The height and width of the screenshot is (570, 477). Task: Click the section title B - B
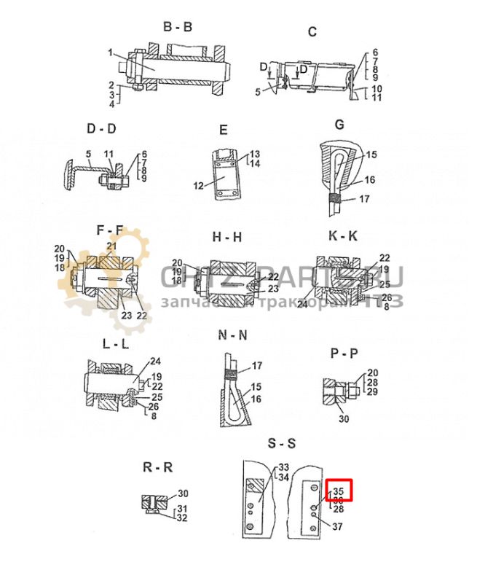tap(177, 28)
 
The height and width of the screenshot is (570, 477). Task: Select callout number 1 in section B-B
tap(110, 52)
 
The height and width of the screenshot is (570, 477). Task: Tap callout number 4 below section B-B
tap(111, 104)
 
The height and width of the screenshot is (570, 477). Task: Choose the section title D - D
tap(100, 129)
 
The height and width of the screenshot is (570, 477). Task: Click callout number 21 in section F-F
tap(111, 246)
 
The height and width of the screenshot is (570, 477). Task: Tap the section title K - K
tap(342, 237)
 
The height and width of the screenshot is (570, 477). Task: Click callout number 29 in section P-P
tap(373, 393)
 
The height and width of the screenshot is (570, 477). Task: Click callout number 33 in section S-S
tap(283, 467)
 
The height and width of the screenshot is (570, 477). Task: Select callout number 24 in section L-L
tap(154, 361)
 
